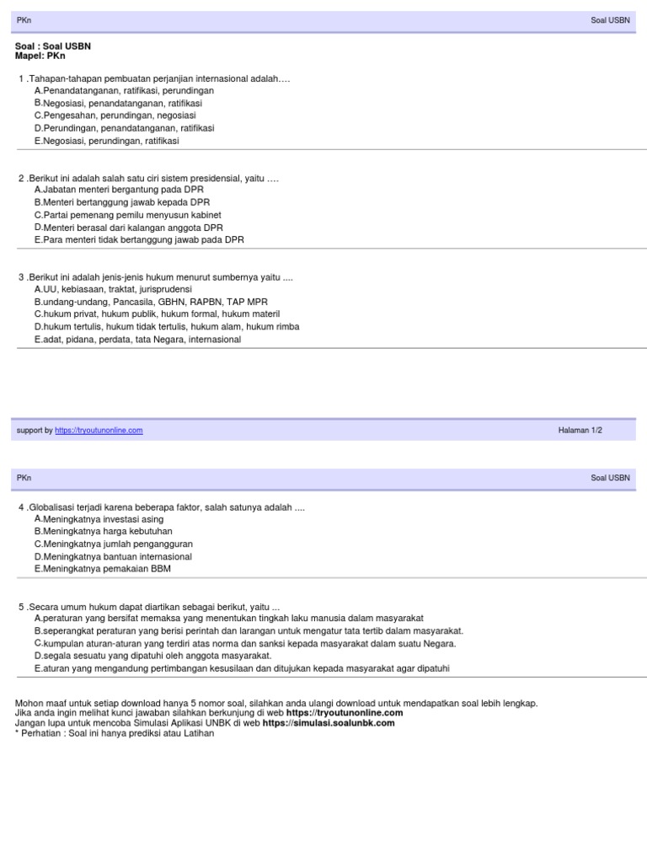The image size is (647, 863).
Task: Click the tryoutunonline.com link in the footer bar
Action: coord(99,431)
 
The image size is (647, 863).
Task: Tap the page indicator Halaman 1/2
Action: coord(580,431)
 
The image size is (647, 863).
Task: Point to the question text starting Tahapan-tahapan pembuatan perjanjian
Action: coord(158,78)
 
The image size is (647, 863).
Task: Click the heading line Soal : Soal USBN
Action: coord(53,46)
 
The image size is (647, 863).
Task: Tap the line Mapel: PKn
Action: coord(40,56)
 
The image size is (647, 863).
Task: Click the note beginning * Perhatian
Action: coord(115,733)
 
